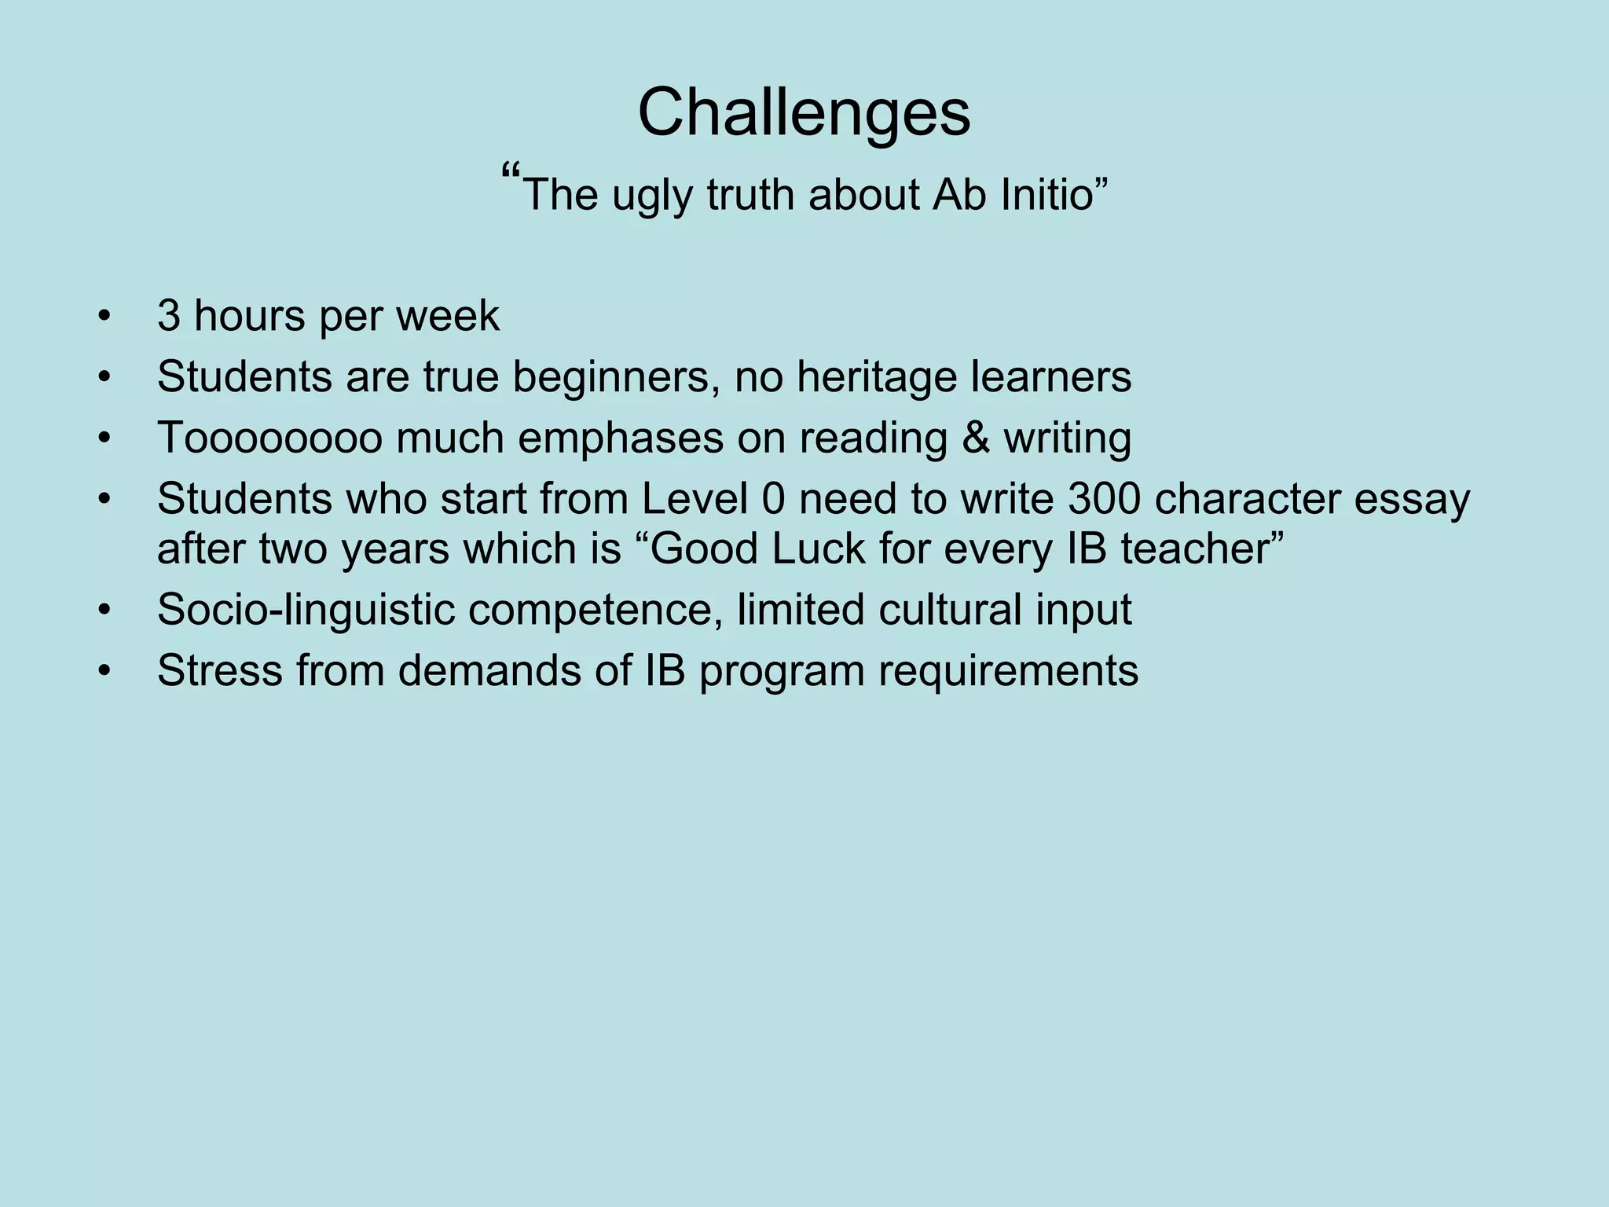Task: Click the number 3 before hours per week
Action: (x=168, y=316)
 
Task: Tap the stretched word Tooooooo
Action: (x=269, y=438)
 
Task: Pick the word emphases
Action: (x=621, y=439)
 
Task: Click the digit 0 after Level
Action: (x=773, y=499)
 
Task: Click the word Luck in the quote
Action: (x=818, y=548)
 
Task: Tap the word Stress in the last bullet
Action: (x=219, y=670)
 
